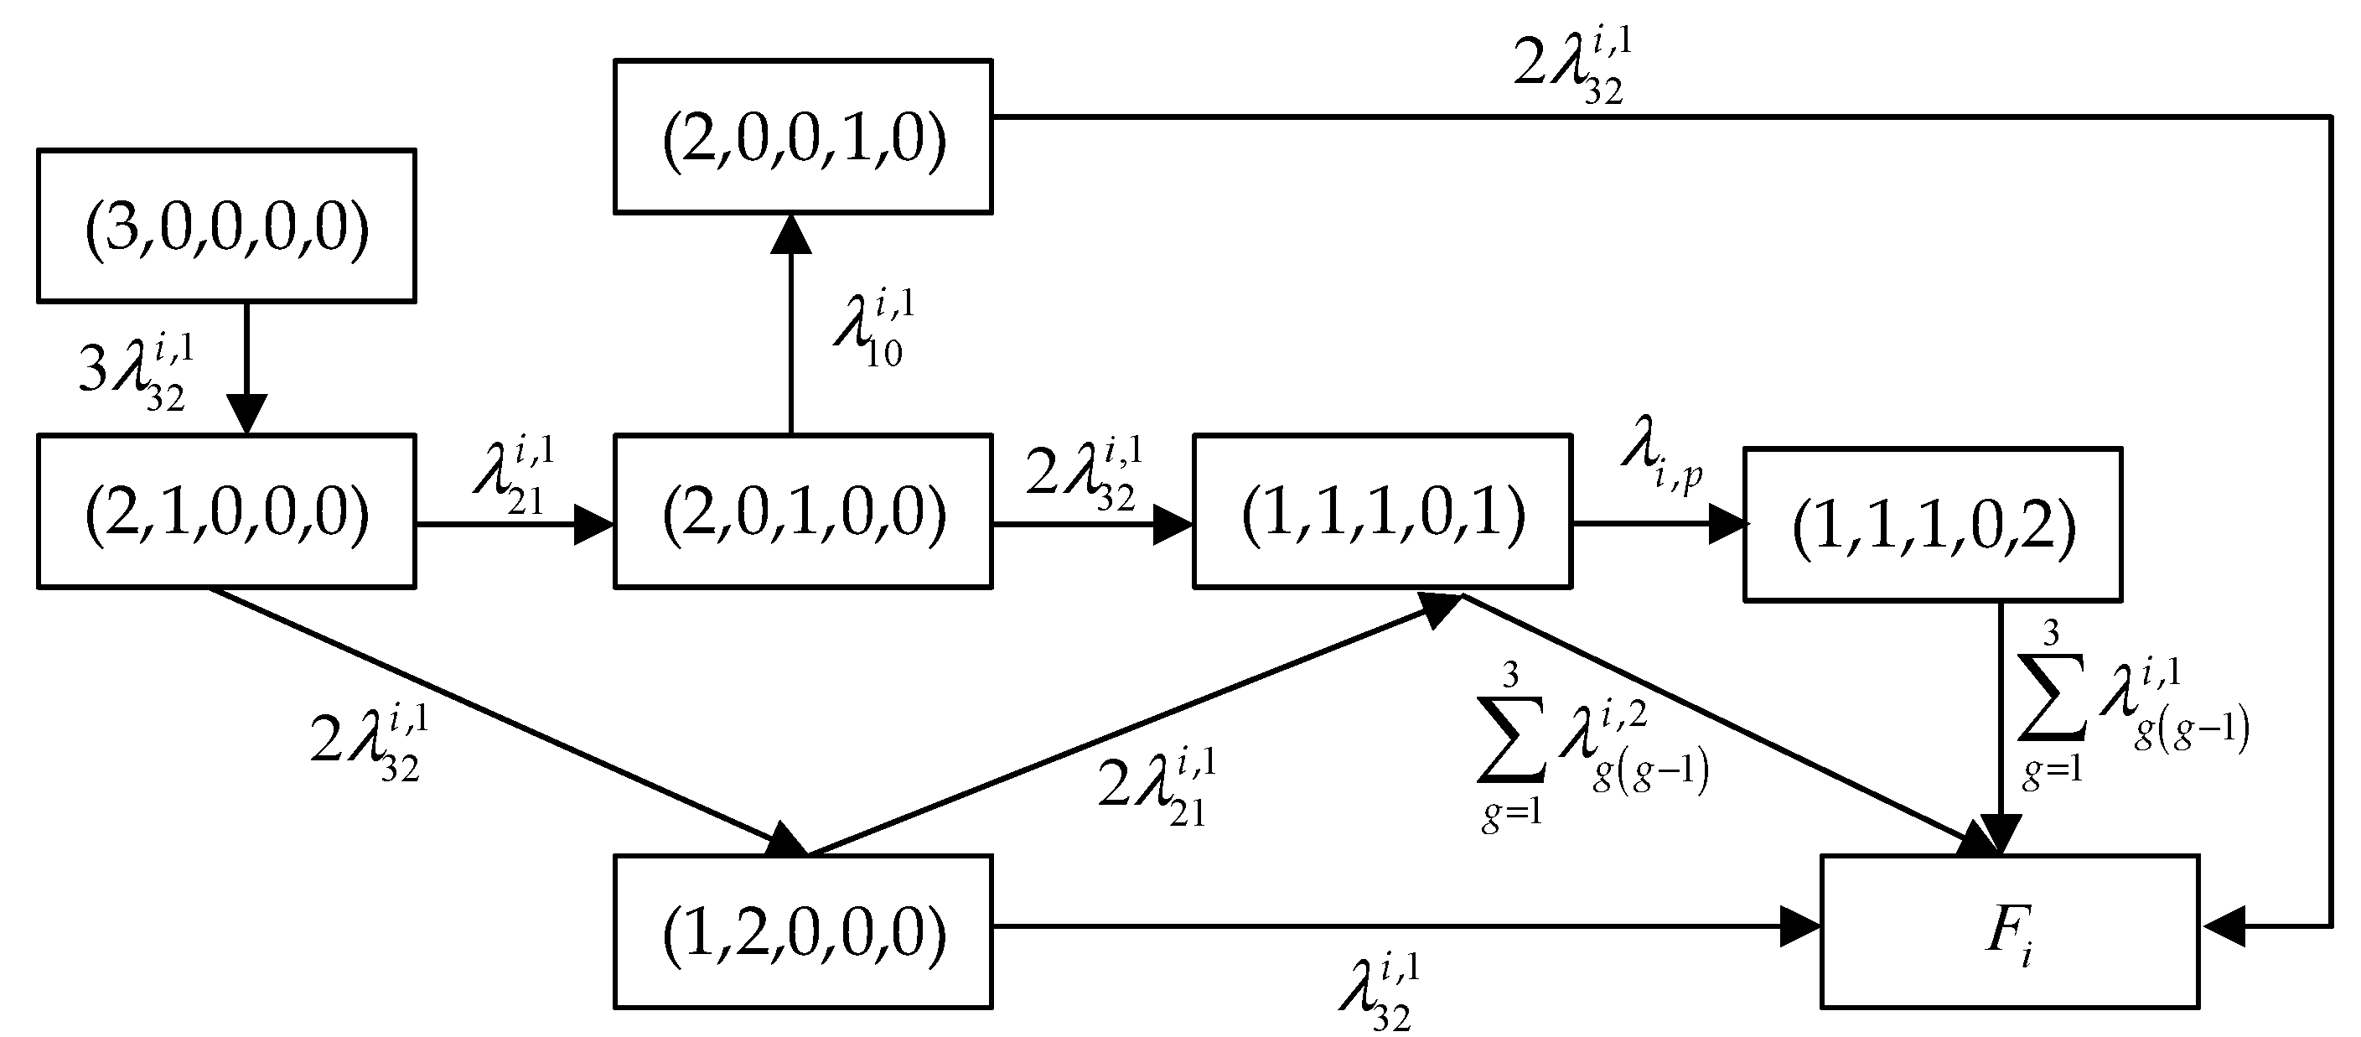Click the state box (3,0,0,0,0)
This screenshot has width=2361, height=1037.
[226, 226]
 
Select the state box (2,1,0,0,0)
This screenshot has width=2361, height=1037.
[226, 511]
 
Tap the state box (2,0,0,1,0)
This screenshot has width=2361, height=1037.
[803, 137]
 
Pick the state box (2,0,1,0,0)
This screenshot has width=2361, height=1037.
[803, 511]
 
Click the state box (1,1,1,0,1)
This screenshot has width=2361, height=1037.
[1382, 511]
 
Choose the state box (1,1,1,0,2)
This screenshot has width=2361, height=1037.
[1932, 525]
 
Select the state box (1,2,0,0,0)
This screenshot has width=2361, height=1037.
[803, 931]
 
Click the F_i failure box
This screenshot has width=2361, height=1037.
[2009, 931]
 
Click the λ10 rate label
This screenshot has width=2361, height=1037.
[872, 330]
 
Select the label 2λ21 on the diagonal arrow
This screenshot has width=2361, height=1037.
[1157, 786]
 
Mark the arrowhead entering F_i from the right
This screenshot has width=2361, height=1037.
[2223, 926]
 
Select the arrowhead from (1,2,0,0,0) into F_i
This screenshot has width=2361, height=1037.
[1799, 926]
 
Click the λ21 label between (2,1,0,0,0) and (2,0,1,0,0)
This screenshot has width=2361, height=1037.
[514, 477]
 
